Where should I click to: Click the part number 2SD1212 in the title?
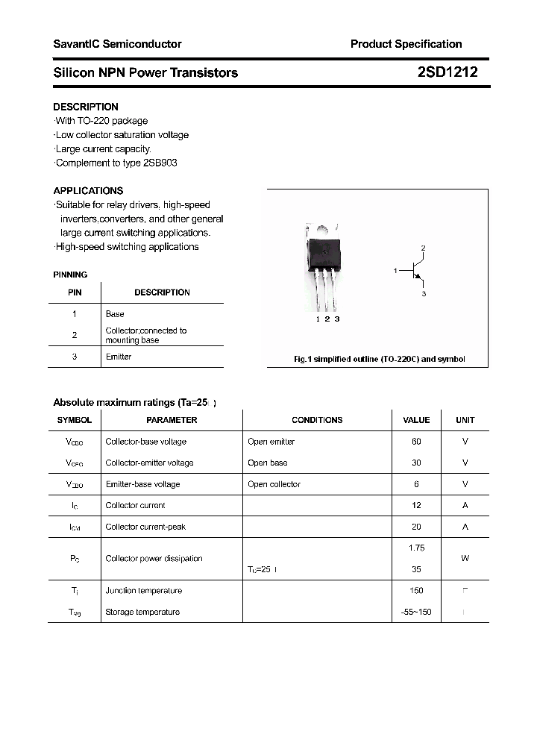pyautogui.click(x=447, y=72)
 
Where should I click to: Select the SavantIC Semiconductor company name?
pyautogui.click(x=117, y=44)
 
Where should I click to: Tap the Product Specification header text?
pyautogui.click(x=406, y=44)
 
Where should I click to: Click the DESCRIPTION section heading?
pyautogui.click(x=86, y=107)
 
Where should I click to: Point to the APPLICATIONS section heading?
pyautogui.click(x=88, y=190)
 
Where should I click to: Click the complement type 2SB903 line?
pyautogui.click(x=116, y=163)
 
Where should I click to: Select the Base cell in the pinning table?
pyautogui.click(x=115, y=314)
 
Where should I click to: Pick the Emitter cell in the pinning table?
pyautogui.click(x=119, y=357)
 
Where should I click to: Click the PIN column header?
pyautogui.click(x=75, y=292)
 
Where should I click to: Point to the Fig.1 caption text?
pyautogui.click(x=379, y=359)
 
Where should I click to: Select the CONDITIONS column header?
pyautogui.click(x=317, y=420)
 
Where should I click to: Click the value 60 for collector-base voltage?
pyautogui.click(x=416, y=442)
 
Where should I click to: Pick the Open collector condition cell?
pyautogui.click(x=274, y=484)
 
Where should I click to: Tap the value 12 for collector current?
pyautogui.click(x=416, y=505)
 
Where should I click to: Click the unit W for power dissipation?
pyautogui.click(x=465, y=558)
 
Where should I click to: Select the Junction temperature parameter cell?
pyautogui.click(x=143, y=590)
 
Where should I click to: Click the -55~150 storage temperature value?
pyautogui.click(x=416, y=612)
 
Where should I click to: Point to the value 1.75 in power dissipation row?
pyautogui.click(x=416, y=548)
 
